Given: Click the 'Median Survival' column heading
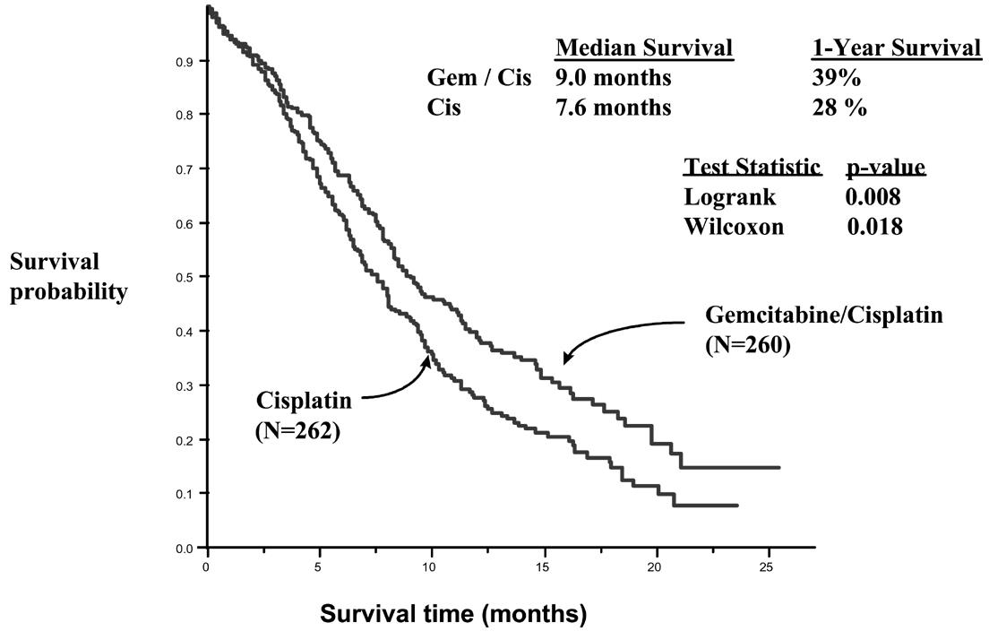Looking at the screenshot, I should tap(644, 48).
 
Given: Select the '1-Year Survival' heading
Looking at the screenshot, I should tap(895, 48).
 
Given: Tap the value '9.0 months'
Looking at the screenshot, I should tap(613, 79).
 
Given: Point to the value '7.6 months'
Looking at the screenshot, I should tap(613, 108).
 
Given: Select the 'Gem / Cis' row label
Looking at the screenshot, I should tap(479, 79).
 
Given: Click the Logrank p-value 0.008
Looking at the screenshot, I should tap(873, 197).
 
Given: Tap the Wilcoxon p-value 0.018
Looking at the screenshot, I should tap(874, 227).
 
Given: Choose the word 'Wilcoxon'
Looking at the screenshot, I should tap(734, 227).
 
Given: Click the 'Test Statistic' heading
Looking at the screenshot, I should tap(752, 167).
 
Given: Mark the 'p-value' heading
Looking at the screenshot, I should tap(885, 167).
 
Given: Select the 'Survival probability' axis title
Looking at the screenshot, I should tap(68, 277).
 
